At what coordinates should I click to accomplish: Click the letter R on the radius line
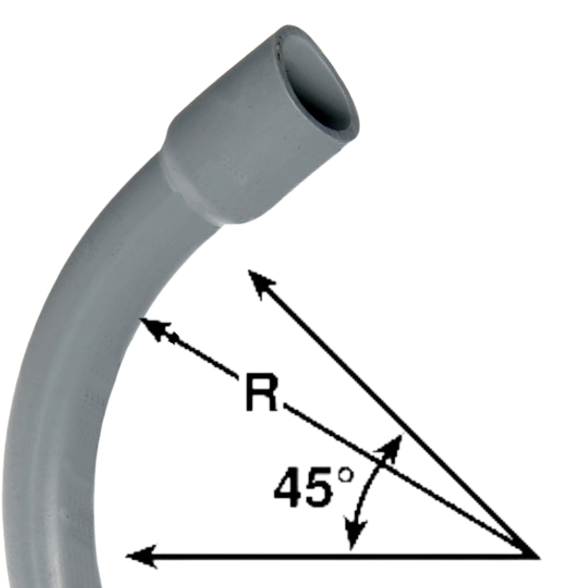click(262, 392)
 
